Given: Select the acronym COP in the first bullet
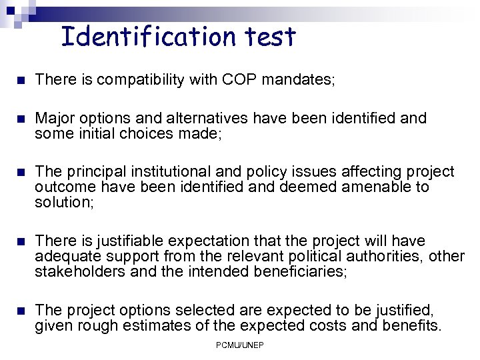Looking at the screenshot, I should (240, 80).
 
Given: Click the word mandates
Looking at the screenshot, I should (297, 80).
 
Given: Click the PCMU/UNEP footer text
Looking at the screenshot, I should (239, 345).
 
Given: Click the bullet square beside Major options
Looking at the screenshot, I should (20, 119).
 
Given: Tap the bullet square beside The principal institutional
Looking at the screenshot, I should (20, 173).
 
